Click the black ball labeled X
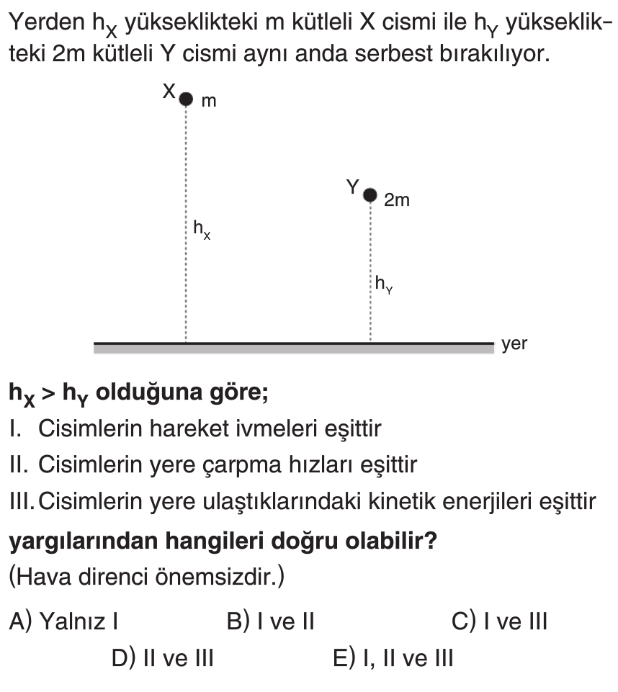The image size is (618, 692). [x=187, y=99]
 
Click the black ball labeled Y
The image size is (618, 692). [x=370, y=194]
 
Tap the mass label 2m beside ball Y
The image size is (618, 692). [x=396, y=201]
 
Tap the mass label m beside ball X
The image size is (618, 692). [x=208, y=102]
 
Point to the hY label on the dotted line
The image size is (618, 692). [x=383, y=285]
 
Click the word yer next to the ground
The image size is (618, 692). [x=515, y=344]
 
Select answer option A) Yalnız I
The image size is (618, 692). [x=64, y=621]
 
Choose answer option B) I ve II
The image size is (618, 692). [x=271, y=621]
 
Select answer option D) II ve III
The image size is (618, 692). [x=162, y=657]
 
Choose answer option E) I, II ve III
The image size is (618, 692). [x=393, y=657]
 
